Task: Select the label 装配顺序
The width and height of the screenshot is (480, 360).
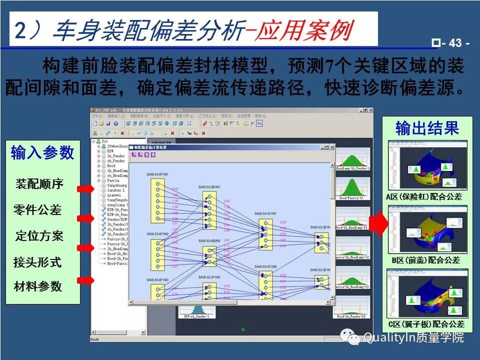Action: tap(39, 184)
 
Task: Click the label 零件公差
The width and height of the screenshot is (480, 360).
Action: tap(37, 210)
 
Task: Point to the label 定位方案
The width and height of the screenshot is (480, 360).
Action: tap(39, 236)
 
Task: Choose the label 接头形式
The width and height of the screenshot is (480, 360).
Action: tap(37, 262)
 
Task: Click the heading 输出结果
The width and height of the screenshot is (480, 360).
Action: tap(427, 128)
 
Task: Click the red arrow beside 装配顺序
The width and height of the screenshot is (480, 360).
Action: tap(85, 188)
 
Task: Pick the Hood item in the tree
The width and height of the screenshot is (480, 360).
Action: tap(104, 166)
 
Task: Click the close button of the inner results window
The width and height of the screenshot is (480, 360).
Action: tap(331, 147)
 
